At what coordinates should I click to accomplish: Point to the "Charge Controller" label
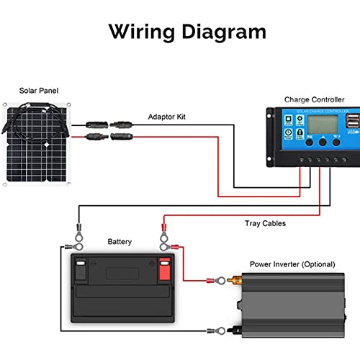click(315, 99)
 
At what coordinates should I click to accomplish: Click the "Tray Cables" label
click(264, 223)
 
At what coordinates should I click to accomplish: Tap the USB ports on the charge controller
click(352, 120)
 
